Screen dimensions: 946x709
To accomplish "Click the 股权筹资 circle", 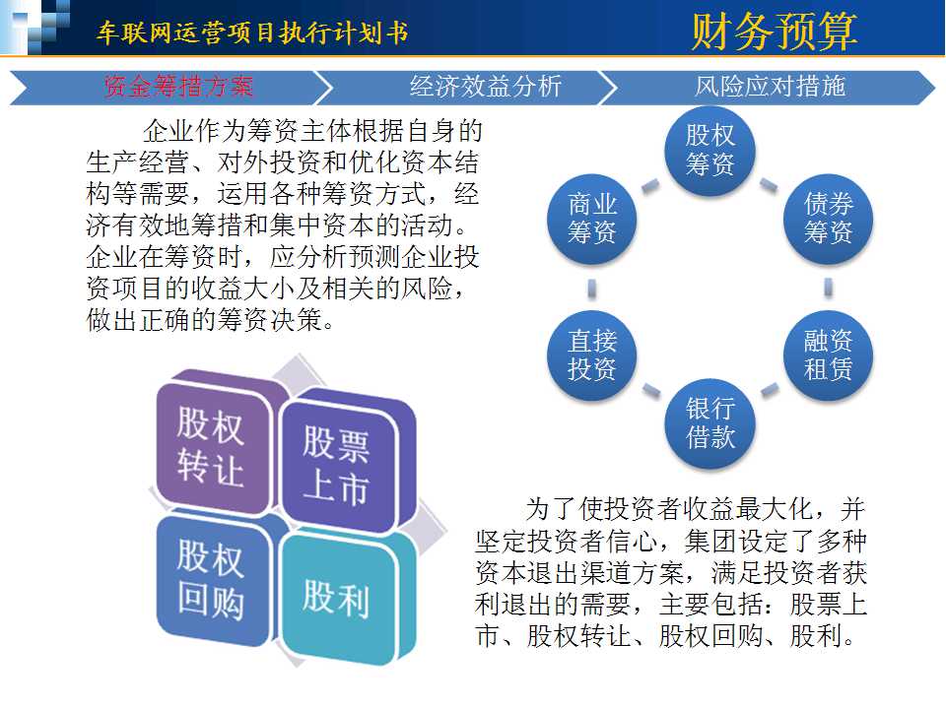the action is (x=710, y=151).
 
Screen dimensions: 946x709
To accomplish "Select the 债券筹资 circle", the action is (x=829, y=219).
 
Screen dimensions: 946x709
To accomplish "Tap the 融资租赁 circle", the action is (x=829, y=355).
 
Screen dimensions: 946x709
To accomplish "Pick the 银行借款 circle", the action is (x=710, y=423).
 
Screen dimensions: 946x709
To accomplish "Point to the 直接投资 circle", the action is (x=592, y=355).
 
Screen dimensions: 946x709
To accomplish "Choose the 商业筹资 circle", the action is (x=592, y=219).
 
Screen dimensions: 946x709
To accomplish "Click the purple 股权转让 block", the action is (x=211, y=446).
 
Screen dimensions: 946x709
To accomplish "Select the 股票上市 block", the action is (x=344, y=464).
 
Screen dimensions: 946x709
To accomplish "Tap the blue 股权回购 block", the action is (x=211, y=580).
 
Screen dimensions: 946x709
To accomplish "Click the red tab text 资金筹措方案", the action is (x=178, y=87).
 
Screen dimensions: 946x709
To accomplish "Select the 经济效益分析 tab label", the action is (x=486, y=87).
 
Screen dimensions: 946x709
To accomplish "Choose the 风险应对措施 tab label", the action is (x=770, y=87).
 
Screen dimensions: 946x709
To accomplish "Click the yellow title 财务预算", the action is (x=774, y=32).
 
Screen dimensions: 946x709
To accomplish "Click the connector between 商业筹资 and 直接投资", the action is (x=592, y=288).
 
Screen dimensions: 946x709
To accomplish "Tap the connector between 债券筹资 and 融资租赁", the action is (x=829, y=288).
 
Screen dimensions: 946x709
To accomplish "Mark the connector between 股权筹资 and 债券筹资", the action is (x=769, y=185).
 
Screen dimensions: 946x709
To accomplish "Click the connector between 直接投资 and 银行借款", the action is (x=651, y=391).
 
